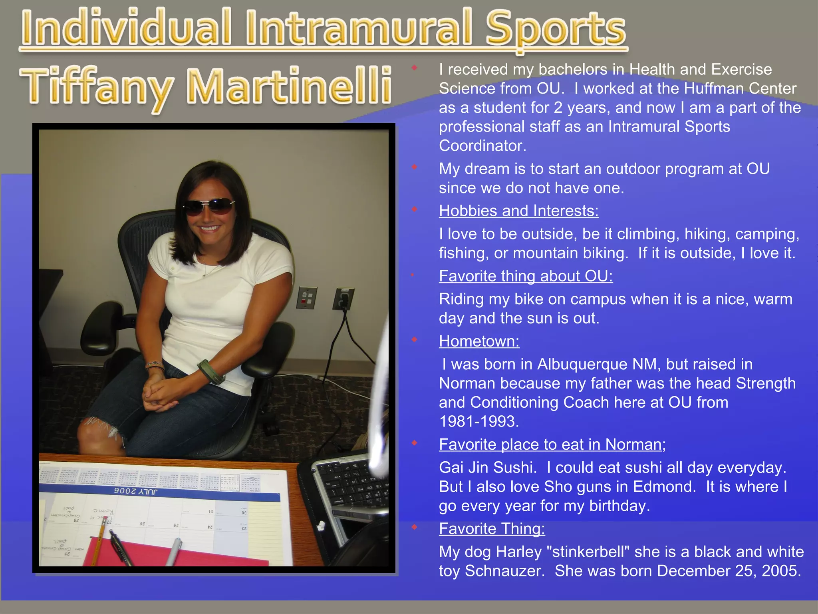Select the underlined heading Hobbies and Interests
(x=518, y=211)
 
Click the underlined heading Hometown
(x=479, y=341)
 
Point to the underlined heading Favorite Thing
(x=492, y=528)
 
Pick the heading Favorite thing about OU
(x=526, y=276)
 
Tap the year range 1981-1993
(x=478, y=421)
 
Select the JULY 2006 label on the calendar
(x=135, y=491)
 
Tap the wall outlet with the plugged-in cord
(x=343, y=299)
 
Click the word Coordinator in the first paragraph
(x=482, y=146)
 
